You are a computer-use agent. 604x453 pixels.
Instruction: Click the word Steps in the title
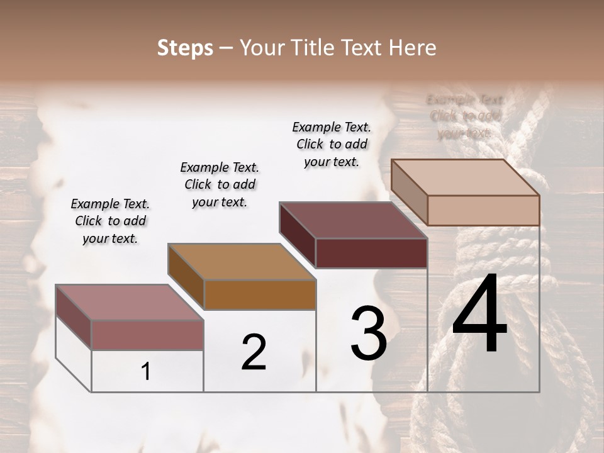[185, 48]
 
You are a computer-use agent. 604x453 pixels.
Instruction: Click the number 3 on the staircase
[369, 333]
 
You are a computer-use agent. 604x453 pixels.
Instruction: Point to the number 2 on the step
[254, 352]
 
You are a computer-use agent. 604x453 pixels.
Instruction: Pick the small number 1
[146, 372]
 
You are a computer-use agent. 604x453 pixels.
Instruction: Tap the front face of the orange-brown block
[260, 294]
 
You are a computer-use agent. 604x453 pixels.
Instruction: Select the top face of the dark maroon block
[352, 220]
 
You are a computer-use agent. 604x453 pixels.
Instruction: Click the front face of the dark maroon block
[371, 254]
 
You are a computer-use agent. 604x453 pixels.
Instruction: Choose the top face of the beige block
[465, 177]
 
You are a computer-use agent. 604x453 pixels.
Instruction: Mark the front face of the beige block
[483, 210]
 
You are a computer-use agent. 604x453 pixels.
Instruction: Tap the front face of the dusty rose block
[147, 335]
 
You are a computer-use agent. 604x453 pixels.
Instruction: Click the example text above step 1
[110, 221]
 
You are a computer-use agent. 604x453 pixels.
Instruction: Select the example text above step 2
[220, 184]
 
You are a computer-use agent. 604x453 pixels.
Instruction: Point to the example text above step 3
[332, 144]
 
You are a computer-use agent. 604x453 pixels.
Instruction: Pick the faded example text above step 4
[465, 116]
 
